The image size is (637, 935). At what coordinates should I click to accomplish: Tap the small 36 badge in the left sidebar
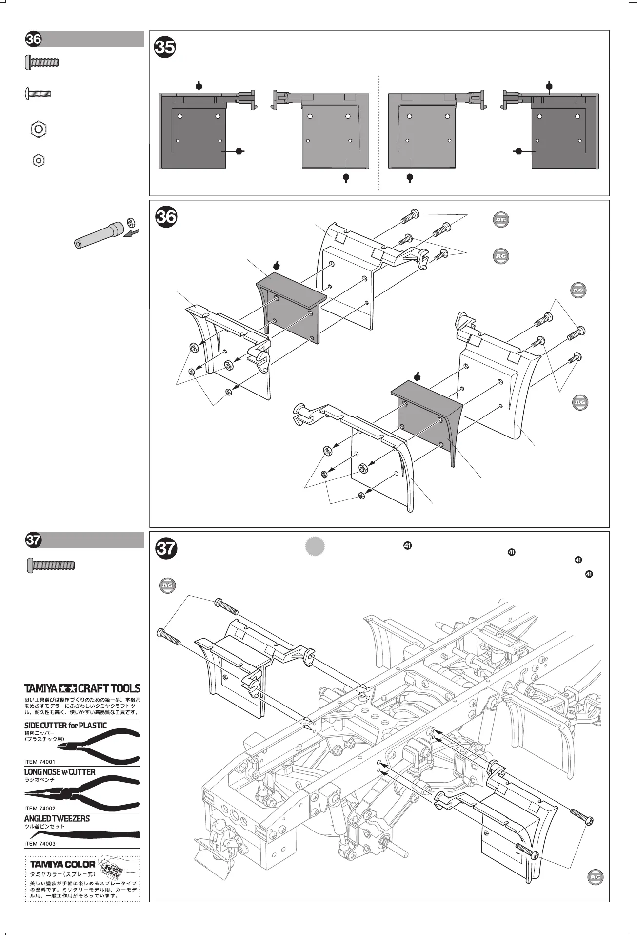pos(34,40)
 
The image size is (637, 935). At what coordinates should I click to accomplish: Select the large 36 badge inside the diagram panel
pos(166,216)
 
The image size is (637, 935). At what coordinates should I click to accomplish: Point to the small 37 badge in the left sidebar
pos(34,540)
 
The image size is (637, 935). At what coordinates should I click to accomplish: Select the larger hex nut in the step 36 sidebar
pos(39,129)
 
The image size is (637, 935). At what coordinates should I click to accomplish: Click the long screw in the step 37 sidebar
pos(50,565)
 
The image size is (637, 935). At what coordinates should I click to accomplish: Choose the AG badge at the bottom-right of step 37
pos(595,877)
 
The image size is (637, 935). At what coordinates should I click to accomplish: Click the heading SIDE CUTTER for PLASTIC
pos(65,726)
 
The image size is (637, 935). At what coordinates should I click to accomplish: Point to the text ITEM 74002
pos(40,809)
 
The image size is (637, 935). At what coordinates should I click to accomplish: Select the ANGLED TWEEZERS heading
pos(57,819)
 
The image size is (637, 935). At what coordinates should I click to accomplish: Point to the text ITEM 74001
pos(40,762)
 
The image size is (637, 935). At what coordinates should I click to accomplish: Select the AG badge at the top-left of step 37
pos(168,586)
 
